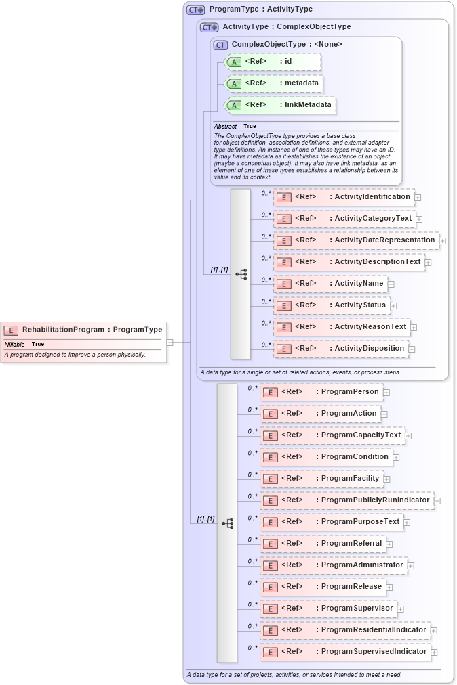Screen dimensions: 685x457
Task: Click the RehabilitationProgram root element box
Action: tap(83, 330)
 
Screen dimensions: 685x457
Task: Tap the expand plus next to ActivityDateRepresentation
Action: tap(443, 240)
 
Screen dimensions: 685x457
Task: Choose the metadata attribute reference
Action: tap(273, 83)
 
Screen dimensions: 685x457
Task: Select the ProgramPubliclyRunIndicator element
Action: tap(346, 500)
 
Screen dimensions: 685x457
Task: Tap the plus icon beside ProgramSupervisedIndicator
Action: tap(435, 653)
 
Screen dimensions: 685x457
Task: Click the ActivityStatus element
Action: tap(332, 305)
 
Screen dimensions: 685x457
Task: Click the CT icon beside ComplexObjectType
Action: tap(220, 45)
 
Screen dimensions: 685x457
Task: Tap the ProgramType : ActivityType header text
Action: tap(261, 9)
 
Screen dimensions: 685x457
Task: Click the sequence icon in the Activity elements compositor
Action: tap(241, 274)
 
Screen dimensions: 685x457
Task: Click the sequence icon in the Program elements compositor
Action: tap(227, 523)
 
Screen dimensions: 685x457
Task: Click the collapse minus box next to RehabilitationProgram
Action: tap(170, 342)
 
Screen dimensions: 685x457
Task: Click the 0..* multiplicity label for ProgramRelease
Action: tap(252, 583)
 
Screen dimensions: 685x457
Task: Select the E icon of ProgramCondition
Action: tap(271, 457)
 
